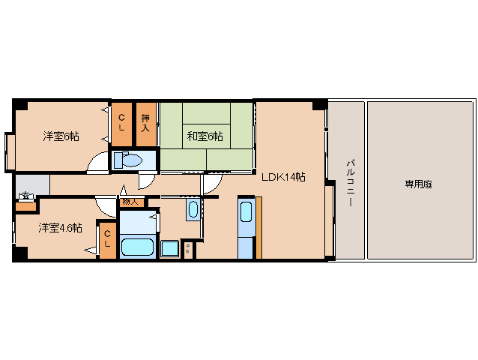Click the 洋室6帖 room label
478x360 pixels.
point(61,136)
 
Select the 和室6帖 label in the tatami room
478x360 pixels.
point(205,136)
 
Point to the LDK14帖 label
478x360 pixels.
point(282,177)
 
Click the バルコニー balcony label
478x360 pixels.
point(349,183)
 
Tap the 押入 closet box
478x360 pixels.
point(146,123)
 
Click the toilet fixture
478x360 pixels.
point(131,160)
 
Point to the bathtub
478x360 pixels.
point(137,247)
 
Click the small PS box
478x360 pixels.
point(187,248)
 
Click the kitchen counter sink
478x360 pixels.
point(246,211)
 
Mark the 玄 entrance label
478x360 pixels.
point(26,196)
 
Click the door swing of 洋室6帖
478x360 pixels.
point(97,164)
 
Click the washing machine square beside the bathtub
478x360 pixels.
point(169,248)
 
